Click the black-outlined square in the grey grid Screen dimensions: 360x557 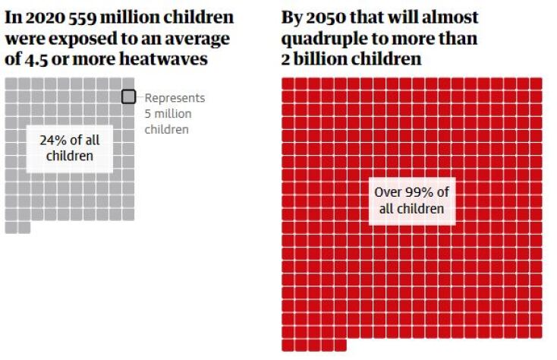pos(129,96)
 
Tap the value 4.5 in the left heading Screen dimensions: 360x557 pos(35,58)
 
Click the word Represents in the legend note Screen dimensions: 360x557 pos(175,98)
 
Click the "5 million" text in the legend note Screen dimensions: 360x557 pos(168,114)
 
